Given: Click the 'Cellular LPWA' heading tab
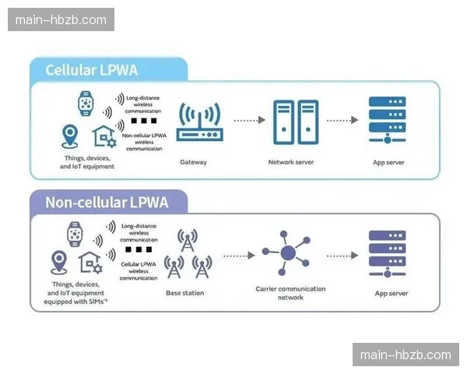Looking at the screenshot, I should click(92, 70).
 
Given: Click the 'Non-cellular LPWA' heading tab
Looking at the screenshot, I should click(107, 203).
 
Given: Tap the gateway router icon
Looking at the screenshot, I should click(200, 124).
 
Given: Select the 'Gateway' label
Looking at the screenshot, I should click(193, 162).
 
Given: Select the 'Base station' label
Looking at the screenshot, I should click(185, 293).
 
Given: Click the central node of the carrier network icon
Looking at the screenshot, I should click(288, 252).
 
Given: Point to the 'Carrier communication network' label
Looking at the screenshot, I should click(290, 293).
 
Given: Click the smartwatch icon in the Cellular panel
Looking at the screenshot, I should click(85, 103).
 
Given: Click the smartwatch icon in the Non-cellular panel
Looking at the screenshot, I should click(76, 233).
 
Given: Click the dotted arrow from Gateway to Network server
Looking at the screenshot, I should click(248, 121).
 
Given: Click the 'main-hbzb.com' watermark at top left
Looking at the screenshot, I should click(61, 19).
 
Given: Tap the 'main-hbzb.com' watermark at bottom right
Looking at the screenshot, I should click(406, 355).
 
